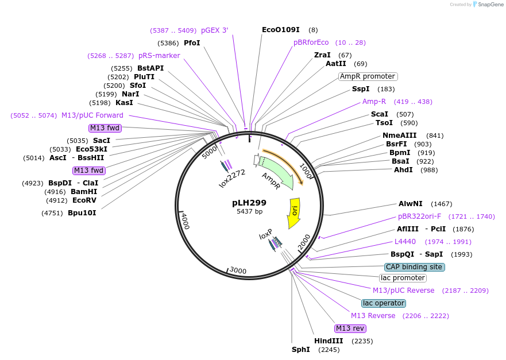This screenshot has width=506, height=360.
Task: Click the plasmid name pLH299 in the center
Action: click(x=249, y=203)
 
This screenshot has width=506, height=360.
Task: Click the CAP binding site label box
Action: click(x=415, y=267)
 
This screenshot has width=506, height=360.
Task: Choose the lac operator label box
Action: click(x=384, y=303)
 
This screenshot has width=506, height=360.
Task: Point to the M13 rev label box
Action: click(x=350, y=328)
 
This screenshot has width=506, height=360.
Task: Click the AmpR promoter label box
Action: click(x=368, y=76)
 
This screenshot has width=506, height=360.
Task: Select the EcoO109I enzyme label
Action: click(x=281, y=30)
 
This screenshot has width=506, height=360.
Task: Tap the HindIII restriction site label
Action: click(x=329, y=341)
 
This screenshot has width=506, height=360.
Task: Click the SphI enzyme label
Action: click(x=301, y=350)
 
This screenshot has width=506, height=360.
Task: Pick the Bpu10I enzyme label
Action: click(x=82, y=213)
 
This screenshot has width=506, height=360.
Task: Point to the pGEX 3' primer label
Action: click(x=215, y=30)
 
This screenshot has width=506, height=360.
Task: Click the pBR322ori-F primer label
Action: click(x=419, y=216)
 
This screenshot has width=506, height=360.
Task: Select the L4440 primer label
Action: click(x=405, y=242)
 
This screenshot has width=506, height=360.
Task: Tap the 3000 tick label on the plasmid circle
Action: click(x=238, y=270)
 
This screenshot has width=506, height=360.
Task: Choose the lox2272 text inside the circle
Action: click(x=232, y=179)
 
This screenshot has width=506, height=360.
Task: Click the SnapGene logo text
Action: click(x=490, y=5)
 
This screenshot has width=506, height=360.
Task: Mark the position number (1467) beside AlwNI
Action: click(x=442, y=204)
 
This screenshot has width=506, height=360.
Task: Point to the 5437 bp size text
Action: click(x=249, y=212)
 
